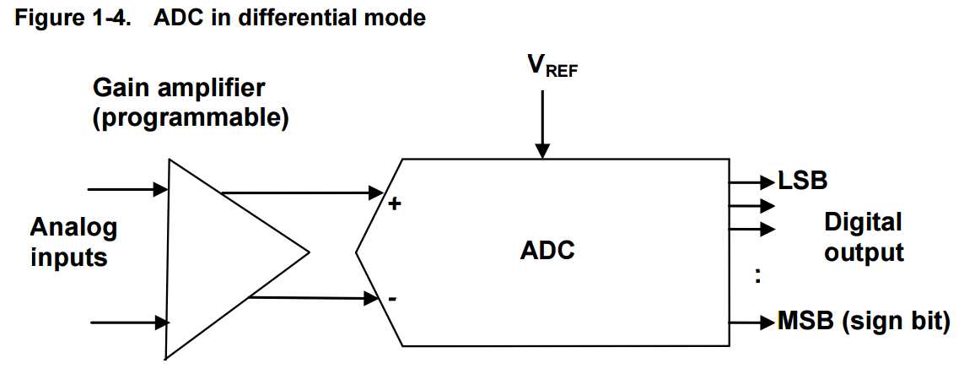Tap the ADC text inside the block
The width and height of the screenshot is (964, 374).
click(x=547, y=251)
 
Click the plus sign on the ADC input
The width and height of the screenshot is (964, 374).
click(x=394, y=203)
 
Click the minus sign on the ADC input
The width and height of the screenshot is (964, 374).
click(x=393, y=299)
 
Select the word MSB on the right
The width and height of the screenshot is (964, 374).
click(x=806, y=322)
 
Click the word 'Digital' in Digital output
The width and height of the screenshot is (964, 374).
click(x=863, y=223)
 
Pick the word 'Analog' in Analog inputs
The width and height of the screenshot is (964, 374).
click(x=74, y=228)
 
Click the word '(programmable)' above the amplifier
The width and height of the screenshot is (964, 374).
click(x=190, y=117)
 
